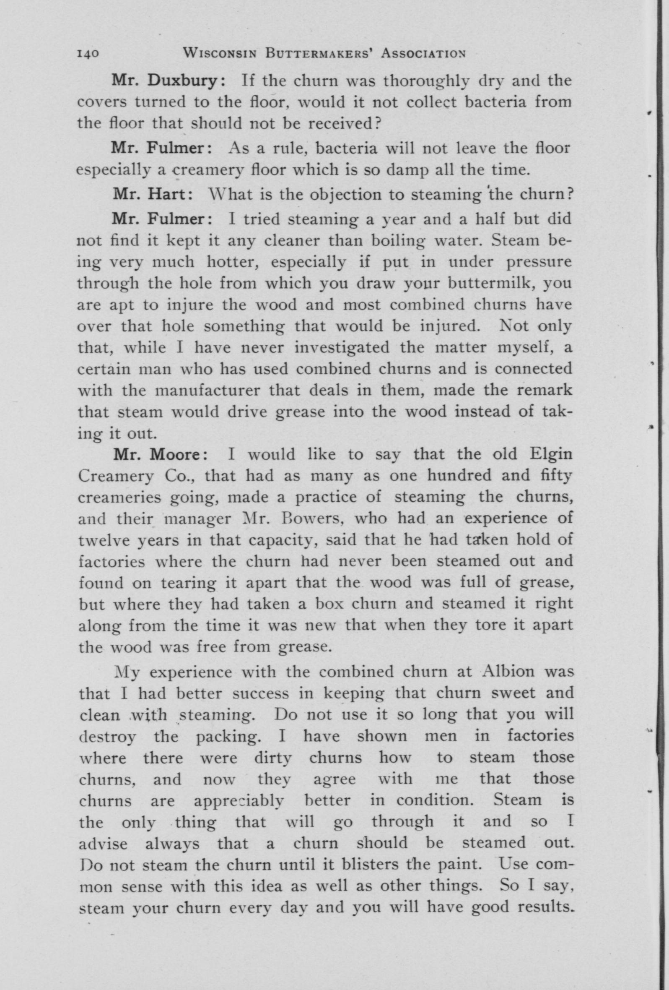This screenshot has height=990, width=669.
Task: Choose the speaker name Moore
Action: point(176,455)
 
